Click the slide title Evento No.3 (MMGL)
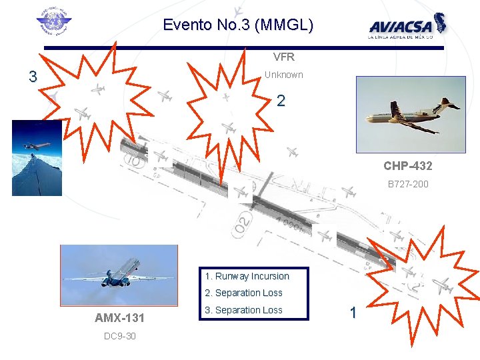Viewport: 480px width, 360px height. click(238, 26)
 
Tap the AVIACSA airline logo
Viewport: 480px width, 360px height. click(407, 27)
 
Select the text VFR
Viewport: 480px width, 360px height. click(284, 57)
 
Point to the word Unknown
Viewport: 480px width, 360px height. click(283, 75)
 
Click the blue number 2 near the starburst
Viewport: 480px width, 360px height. click(281, 101)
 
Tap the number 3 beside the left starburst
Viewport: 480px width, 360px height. click(33, 77)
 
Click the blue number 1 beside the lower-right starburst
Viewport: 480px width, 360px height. click(353, 312)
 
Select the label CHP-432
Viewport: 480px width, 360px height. click(407, 165)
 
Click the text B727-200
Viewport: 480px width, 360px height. click(408, 184)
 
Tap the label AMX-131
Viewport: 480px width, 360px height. click(120, 317)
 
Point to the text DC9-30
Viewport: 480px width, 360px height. click(120, 336)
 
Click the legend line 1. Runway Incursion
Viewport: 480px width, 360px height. click(247, 276)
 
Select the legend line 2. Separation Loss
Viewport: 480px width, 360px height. click(244, 293)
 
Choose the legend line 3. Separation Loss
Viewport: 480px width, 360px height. click(244, 310)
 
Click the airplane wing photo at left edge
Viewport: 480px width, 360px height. click(37, 158)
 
